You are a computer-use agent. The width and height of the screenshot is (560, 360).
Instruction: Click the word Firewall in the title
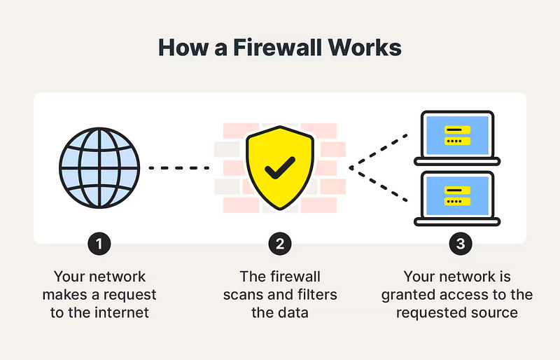[x=277, y=47]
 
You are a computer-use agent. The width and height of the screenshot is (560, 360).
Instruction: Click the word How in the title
[x=183, y=47]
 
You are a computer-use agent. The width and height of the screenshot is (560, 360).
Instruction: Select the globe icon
[x=99, y=167]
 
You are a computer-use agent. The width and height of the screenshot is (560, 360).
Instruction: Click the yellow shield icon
[x=280, y=167]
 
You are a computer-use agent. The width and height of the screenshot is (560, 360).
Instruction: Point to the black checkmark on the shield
[x=280, y=167]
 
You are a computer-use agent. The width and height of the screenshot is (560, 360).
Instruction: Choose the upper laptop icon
[x=457, y=138]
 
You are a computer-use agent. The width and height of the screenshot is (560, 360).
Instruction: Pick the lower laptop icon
[x=457, y=198]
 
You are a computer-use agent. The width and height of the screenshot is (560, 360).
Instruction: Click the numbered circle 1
[x=99, y=244]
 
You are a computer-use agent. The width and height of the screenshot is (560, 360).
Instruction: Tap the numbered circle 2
[x=280, y=244]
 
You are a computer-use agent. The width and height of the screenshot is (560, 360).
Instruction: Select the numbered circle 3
[x=461, y=244]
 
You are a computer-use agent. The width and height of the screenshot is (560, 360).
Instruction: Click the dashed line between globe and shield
[x=179, y=167]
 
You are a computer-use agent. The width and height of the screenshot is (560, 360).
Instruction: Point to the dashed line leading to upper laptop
[x=379, y=151]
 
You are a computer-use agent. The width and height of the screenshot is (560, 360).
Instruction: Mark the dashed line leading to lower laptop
[x=379, y=184]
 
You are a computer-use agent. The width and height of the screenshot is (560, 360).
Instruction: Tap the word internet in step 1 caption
[x=122, y=313]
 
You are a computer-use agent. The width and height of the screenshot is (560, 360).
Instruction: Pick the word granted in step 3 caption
[x=408, y=296]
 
